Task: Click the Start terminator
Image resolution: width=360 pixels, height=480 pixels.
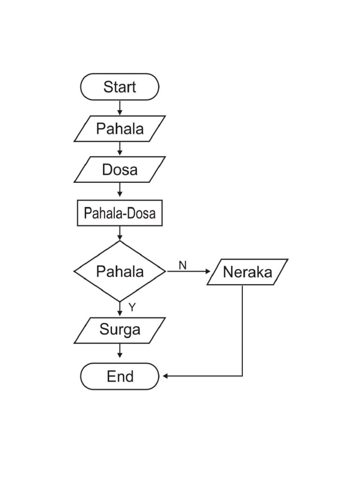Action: (120, 87)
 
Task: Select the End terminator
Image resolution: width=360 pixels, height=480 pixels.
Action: (120, 376)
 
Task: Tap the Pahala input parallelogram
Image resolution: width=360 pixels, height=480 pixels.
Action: (120, 128)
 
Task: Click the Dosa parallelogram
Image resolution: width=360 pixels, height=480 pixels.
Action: (120, 169)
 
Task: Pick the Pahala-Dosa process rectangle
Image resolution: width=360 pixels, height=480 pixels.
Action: (120, 213)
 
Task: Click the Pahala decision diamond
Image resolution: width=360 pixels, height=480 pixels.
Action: (120, 271)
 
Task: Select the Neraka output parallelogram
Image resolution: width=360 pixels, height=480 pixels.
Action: (247, 272)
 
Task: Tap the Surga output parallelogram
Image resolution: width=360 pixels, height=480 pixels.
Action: (120, 330)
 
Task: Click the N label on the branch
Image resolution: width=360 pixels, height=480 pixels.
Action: (182, 265)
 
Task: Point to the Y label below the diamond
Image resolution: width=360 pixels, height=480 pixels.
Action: (132, 307)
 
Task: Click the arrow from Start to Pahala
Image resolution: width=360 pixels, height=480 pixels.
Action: (120, 108)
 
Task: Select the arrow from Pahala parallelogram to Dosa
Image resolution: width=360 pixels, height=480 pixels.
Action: (120, 149)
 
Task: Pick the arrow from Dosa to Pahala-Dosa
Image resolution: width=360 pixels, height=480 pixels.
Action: (120, 190)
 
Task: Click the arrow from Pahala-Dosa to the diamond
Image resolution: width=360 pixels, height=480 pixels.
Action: (120, 233)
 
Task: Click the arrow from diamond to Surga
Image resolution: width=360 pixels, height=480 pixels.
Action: (120, 309)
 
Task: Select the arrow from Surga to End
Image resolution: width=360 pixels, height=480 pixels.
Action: (120, 351)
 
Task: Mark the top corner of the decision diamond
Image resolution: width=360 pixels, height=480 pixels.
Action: (120, 241)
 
